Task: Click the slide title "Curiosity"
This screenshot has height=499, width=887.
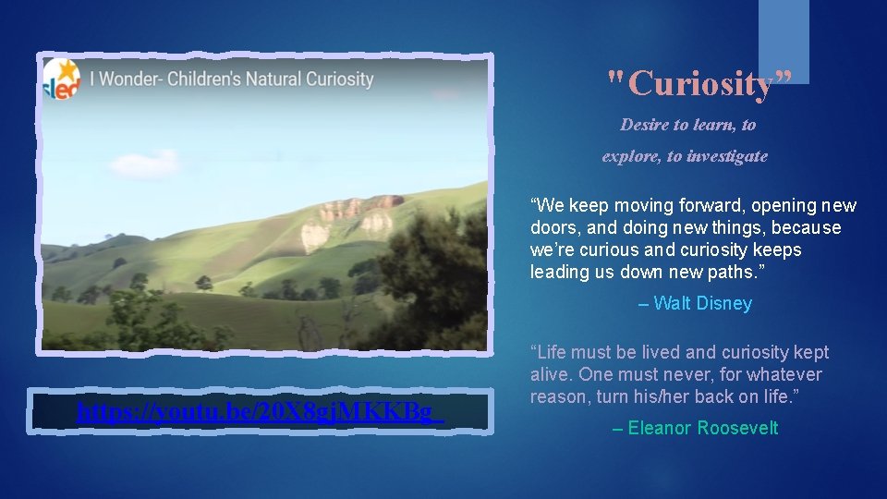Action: (x=699, y=84)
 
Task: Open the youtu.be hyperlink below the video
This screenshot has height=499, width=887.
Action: (x=260, y=412)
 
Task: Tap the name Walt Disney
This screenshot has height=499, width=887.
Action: (x=702, y=303)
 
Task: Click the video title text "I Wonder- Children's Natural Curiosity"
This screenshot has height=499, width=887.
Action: (x=232, y=79)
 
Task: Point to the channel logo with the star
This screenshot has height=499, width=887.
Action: (x=61, y=79)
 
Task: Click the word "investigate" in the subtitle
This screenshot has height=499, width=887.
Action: (x=726, y=156)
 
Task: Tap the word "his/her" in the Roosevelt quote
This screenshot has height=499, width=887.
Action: (x=690, y=396)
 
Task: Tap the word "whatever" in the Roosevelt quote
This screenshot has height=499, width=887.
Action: (x=784, y=374)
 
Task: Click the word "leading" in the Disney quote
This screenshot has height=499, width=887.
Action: (x=558, y=272)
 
